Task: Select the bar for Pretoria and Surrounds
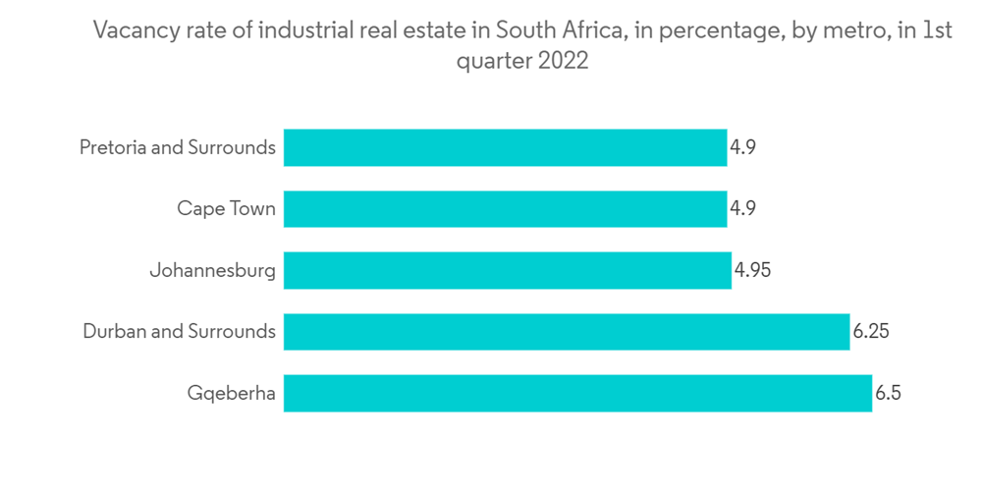505,148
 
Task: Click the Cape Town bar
505,209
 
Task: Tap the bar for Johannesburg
508,270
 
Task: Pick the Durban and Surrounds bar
566,332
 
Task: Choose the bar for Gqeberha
577,393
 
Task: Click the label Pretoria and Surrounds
177,148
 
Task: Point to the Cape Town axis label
226,209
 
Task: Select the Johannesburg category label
212,270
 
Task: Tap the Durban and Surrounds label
179,332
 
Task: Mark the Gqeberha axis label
232,394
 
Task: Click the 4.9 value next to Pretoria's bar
742,148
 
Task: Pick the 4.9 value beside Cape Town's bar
742,209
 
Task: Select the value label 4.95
752,270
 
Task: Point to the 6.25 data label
871,332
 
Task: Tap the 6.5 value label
889,393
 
